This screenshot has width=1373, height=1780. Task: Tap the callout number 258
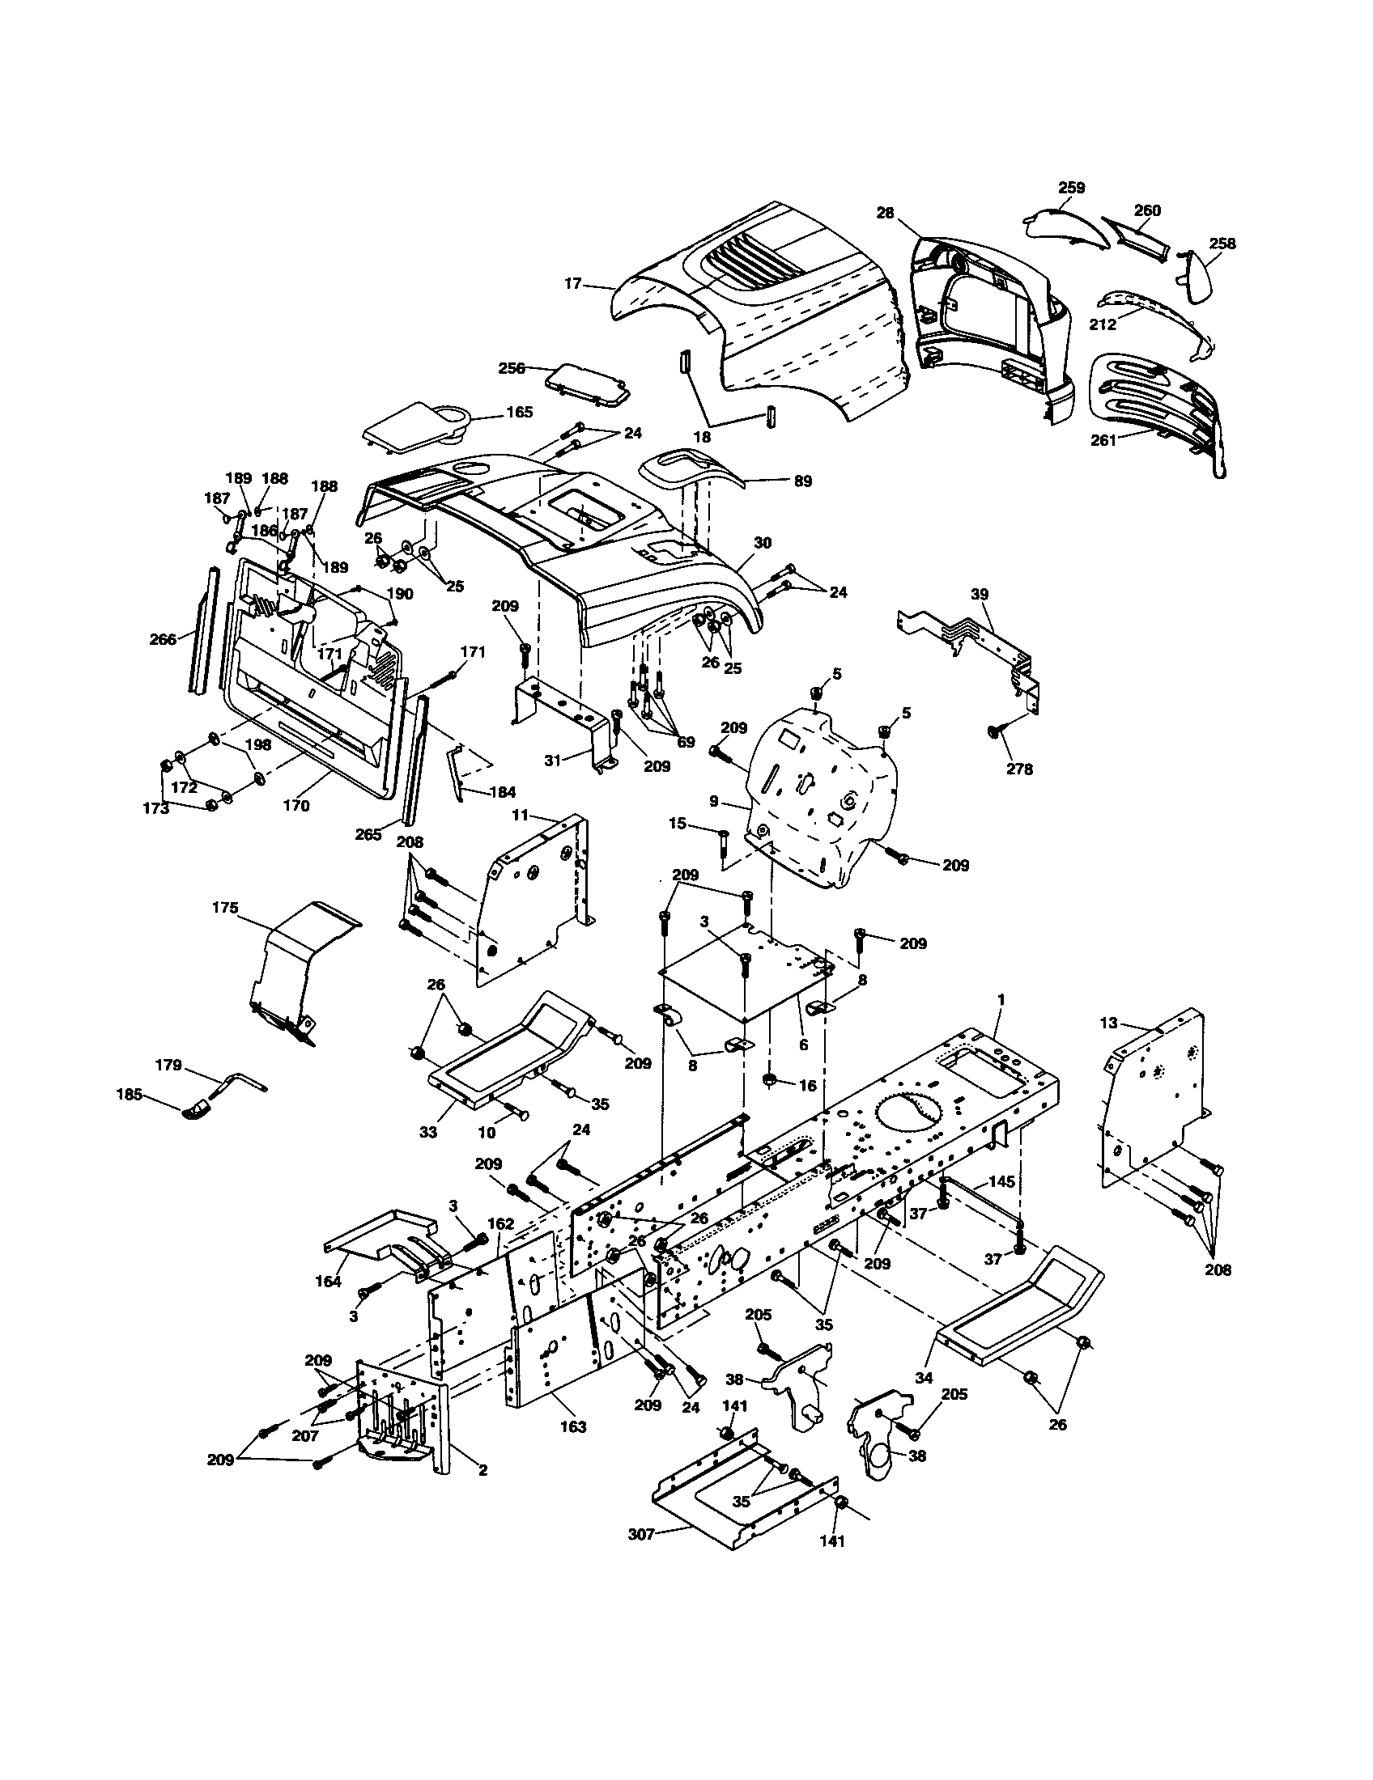tap(1222, 243)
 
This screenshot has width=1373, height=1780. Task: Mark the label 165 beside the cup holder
tap(519, 413)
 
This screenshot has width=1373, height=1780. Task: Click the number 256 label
tap(512, 367)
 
